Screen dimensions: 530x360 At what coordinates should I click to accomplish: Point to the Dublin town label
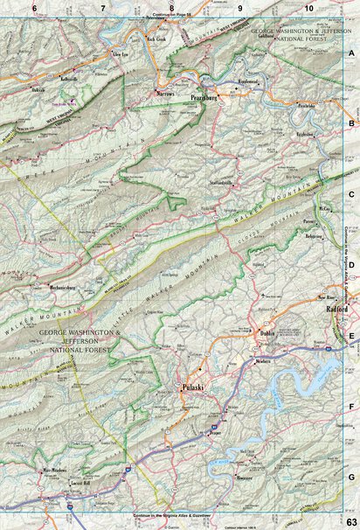267,333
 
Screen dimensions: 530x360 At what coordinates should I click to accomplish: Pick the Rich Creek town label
156,38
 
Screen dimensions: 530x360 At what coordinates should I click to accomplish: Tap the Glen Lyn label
120,54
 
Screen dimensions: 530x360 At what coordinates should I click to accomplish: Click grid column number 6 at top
34,8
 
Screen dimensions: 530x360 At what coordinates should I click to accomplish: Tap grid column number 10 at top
308,8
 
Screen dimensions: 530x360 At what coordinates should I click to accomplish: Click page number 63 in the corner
350,522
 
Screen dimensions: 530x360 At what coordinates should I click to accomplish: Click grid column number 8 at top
171,8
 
